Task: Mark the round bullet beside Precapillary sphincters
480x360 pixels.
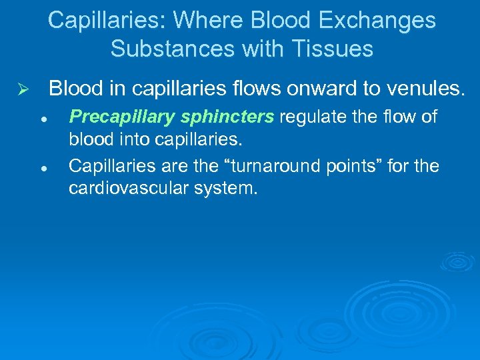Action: (42, 119)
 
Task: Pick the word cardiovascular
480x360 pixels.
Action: (129, 189)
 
